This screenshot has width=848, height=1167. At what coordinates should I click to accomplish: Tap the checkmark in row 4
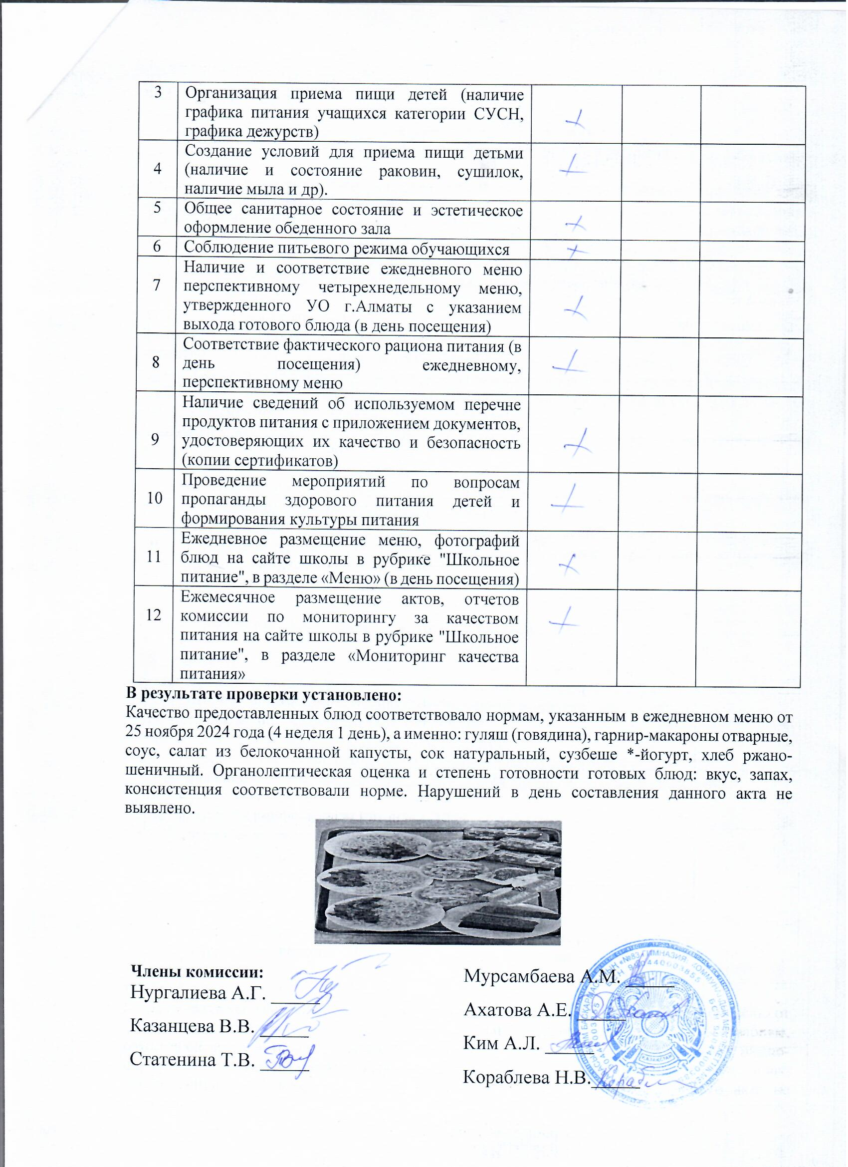coord(573,166)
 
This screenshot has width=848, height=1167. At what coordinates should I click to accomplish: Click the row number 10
coord(154,498)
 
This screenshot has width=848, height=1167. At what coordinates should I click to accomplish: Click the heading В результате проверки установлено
coord(263,696)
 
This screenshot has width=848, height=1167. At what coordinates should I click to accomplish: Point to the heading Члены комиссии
coord(198,972)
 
